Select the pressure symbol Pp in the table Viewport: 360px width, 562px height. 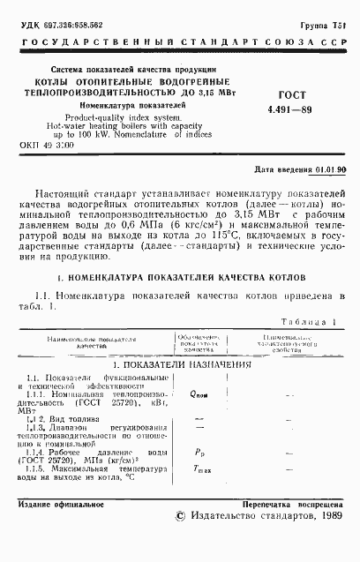198,452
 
